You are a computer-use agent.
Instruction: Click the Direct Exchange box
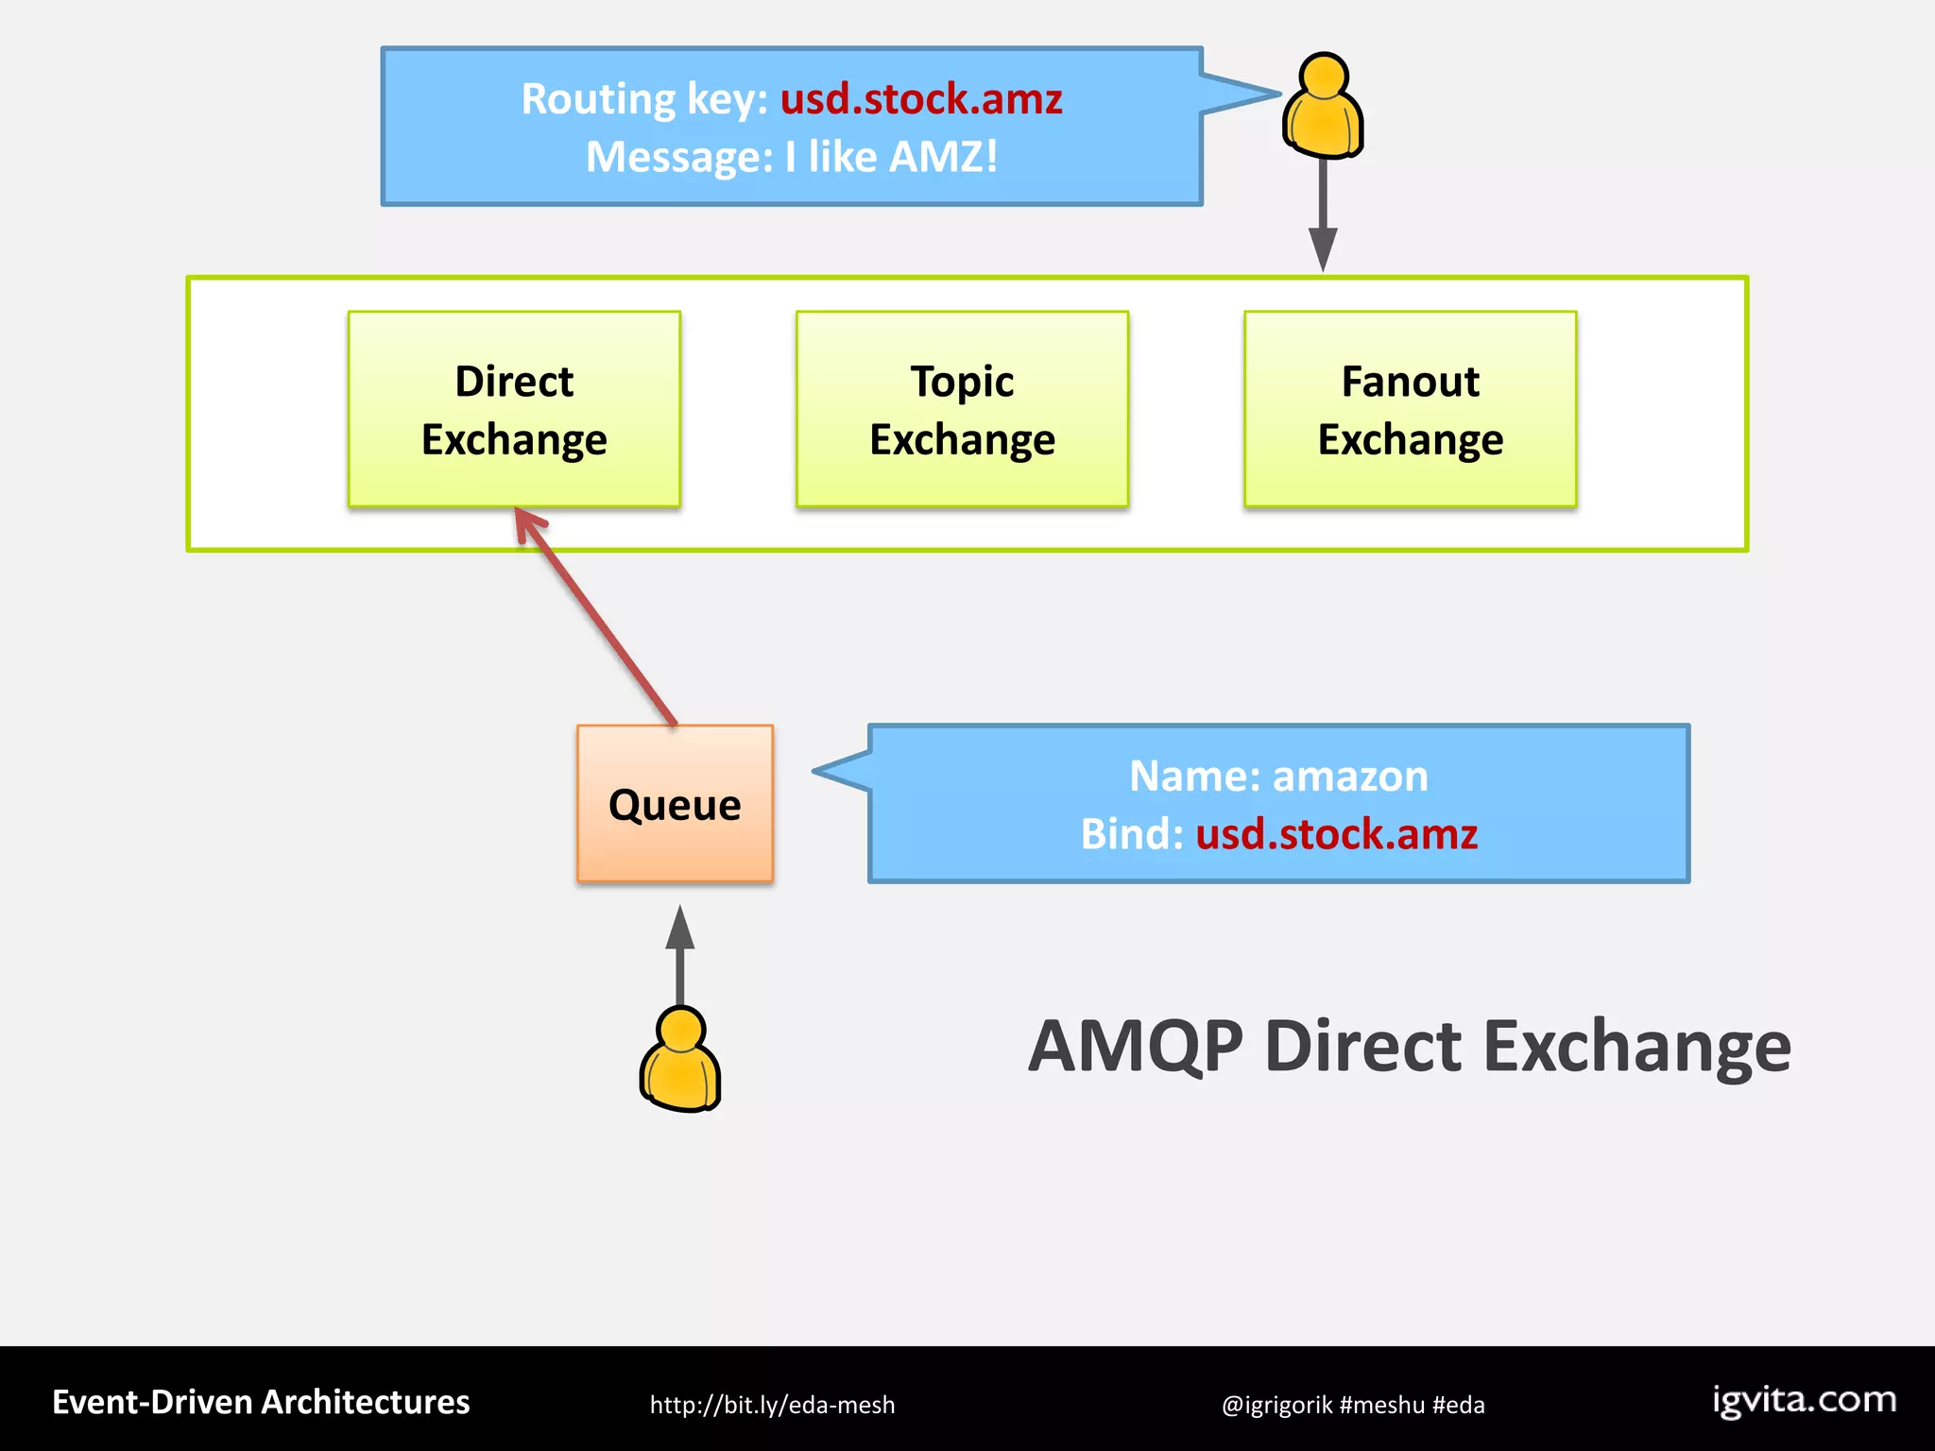click(514, 409)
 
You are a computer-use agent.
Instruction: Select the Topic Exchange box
click(962, 409)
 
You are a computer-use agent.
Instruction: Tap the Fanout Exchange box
click(1410, 409)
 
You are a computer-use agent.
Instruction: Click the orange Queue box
click(675, 804)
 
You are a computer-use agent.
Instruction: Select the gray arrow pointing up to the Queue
click(680, 954)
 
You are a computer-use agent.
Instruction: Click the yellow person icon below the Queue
click(680, 1060)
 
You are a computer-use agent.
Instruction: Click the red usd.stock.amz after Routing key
click(921, 98)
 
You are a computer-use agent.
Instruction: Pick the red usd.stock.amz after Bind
click(1336, 834)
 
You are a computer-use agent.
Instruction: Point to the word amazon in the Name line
click(1350, 776)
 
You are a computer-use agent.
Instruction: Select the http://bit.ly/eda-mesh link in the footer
click(772, 1405)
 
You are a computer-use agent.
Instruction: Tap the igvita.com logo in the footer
click(1804, 1400)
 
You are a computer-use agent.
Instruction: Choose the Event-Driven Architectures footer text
click(261, 1402)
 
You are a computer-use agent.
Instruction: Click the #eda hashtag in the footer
click(1458, 1405)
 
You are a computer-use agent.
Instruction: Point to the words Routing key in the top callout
click(644, 98)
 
